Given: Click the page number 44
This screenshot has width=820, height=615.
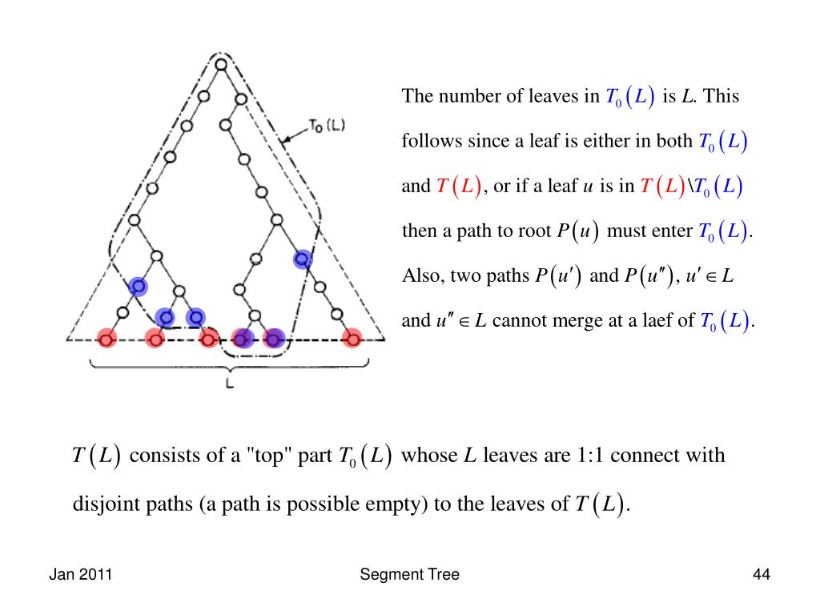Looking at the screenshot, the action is point(761,574).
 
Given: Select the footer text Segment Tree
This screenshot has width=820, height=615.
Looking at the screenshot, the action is point(410,574).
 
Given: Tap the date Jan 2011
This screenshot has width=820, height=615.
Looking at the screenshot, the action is point(80,574).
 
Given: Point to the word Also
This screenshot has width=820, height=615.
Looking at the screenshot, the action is point(417,276).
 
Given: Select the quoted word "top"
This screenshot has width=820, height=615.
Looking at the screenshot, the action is point(266,456).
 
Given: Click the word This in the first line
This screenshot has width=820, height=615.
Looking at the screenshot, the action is point(722,97).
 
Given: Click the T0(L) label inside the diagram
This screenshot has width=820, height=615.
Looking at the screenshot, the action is point(326,127).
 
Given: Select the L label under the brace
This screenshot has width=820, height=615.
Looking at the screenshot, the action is point(230,383).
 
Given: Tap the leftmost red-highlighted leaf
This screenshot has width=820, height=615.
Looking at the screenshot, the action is point(106,339).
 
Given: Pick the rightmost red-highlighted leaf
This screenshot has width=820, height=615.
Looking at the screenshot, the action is point(351,339).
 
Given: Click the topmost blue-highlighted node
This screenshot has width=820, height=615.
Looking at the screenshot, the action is point(303,259).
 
